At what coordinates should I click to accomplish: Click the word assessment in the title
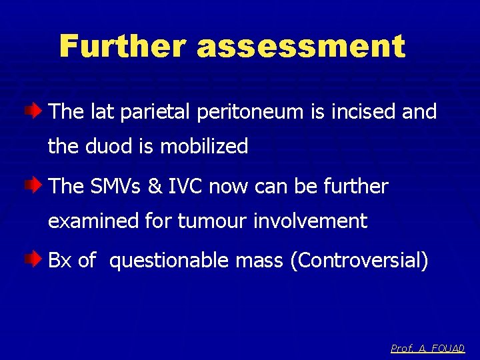(x=301, y=47)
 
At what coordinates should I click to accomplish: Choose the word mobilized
(x=203, y=146)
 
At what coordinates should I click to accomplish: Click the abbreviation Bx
(x=60, y=260)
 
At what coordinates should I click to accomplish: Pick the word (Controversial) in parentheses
(x=359, y=261)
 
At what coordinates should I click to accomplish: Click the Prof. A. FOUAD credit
(x=427, y=348)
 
